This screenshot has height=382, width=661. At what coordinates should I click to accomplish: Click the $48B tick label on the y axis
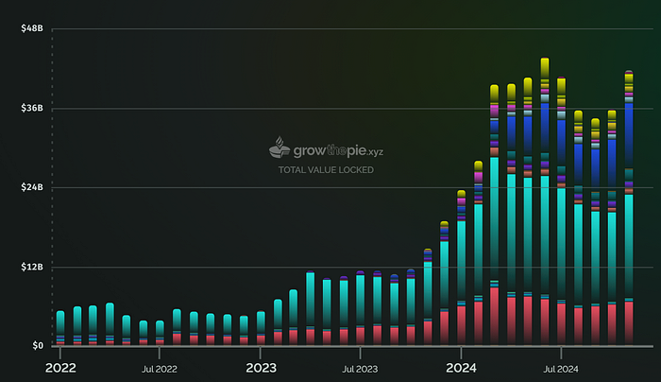tap(32, 29)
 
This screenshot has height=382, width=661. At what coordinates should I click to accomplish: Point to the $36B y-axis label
tap(32, 109)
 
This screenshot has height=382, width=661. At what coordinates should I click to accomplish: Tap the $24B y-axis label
tap(32, 187)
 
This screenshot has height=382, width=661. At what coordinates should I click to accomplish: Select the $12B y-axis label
tap(32, 267)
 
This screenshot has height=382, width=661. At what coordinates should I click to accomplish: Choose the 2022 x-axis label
tap(59, 367)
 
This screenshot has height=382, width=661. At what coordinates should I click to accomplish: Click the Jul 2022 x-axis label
tap(160, 368)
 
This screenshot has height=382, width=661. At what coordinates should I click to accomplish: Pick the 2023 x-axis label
tap(261, 367)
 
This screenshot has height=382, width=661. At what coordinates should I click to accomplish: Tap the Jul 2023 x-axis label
tap(361, 368)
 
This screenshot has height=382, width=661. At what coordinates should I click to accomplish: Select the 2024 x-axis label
tap(461, 367)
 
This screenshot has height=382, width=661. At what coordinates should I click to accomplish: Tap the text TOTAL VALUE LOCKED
tap(326, 170)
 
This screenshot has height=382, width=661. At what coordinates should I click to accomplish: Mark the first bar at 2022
tap(60, 327)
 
